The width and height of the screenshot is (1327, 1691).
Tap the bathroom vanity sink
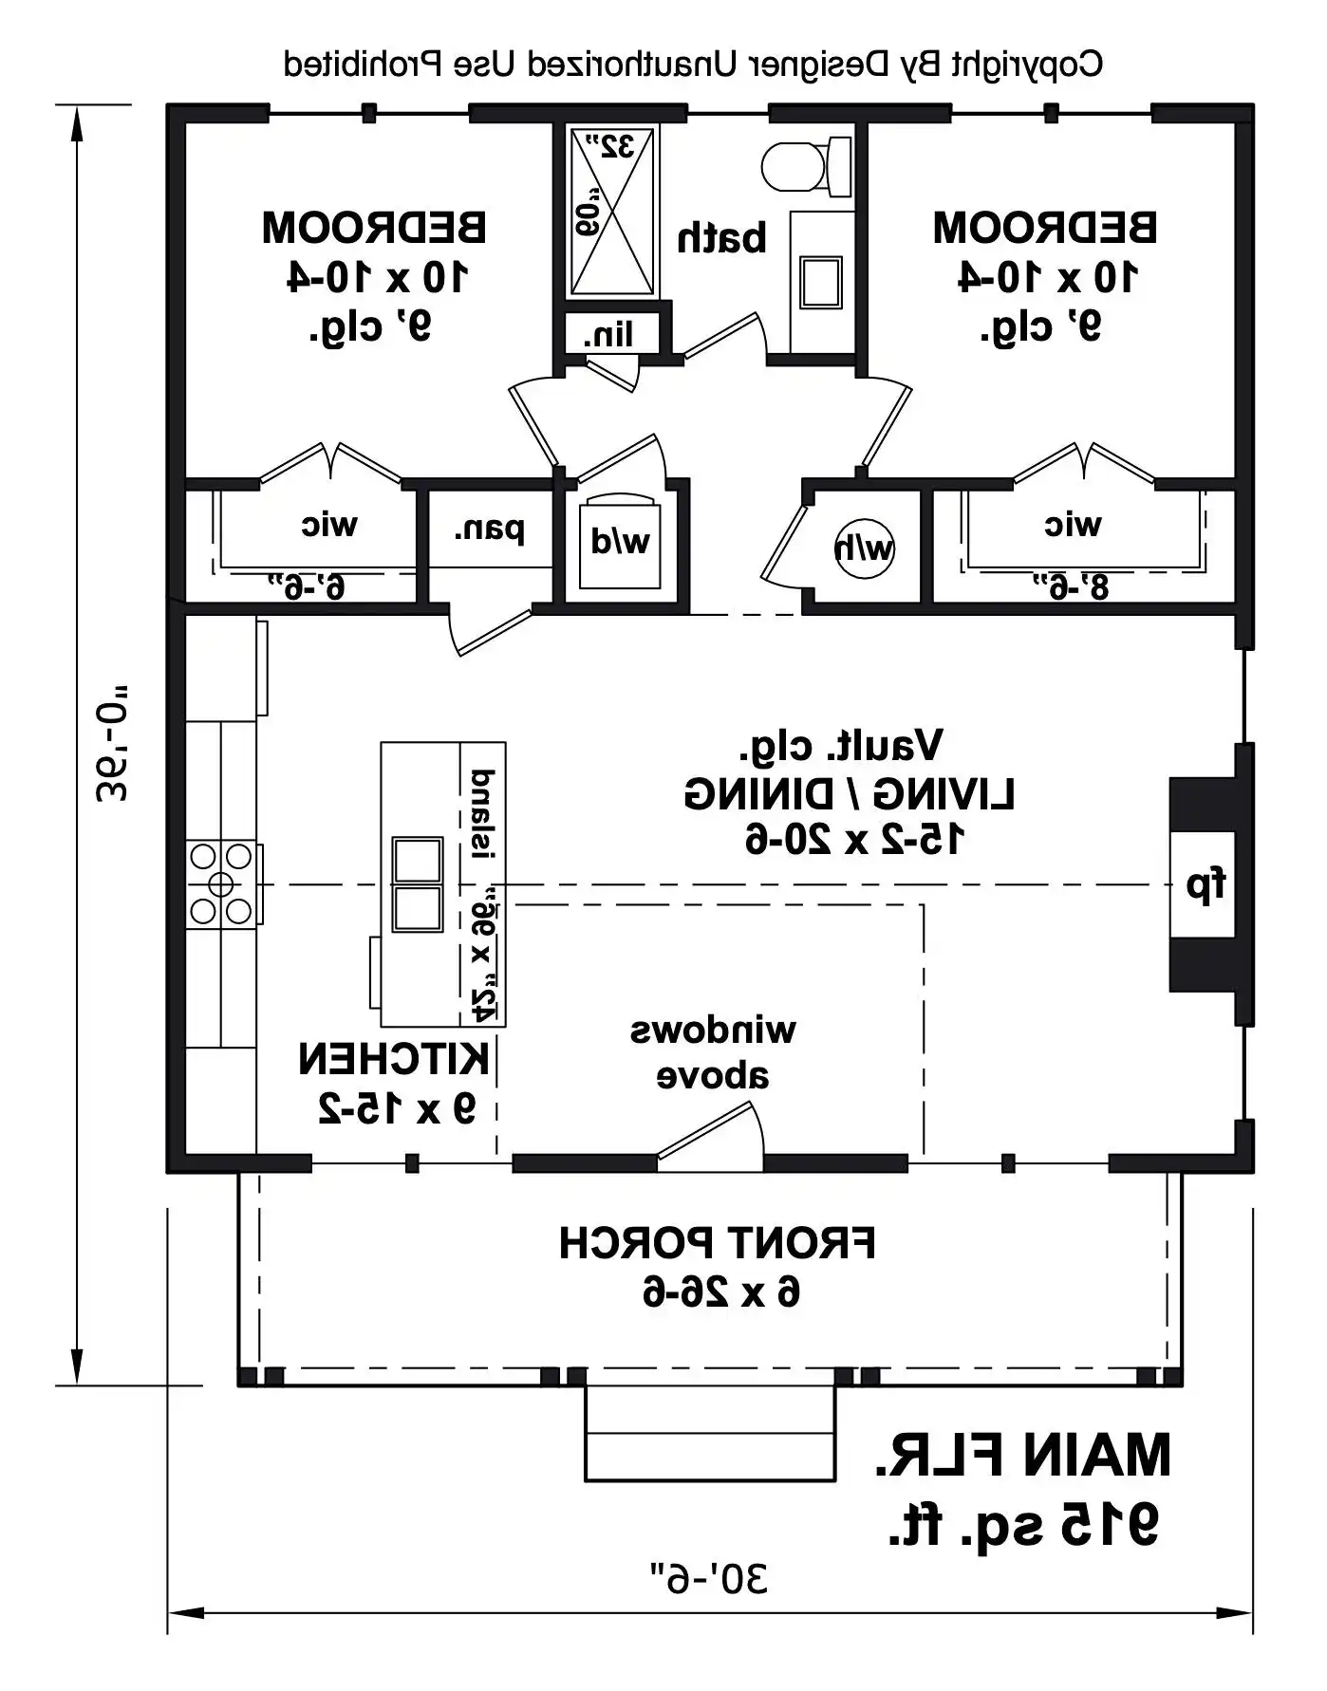[820, 282]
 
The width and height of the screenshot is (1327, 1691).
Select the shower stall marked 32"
[612, 213]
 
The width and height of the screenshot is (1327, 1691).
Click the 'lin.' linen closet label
[607, 334]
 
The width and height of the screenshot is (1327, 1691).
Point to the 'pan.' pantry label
[489, 530]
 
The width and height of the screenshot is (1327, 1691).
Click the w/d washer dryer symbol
[620, 541]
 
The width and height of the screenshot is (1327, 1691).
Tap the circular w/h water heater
[864, 548]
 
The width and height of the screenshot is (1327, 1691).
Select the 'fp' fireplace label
[1206, 884]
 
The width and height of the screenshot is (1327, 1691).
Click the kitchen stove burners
[221, 884]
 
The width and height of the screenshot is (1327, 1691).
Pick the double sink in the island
[418, 884]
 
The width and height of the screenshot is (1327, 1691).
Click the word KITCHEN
[394, 1059]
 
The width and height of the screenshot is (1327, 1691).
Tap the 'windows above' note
[713, 1052]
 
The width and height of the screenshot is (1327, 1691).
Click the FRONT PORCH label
[718, 1242]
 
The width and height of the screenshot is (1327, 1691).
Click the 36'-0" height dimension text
[111, 744]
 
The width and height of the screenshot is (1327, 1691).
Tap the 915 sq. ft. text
[1023, 1524]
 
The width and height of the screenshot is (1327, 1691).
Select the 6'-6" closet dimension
[307, 586]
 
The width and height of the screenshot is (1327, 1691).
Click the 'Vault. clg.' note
[841, 747]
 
